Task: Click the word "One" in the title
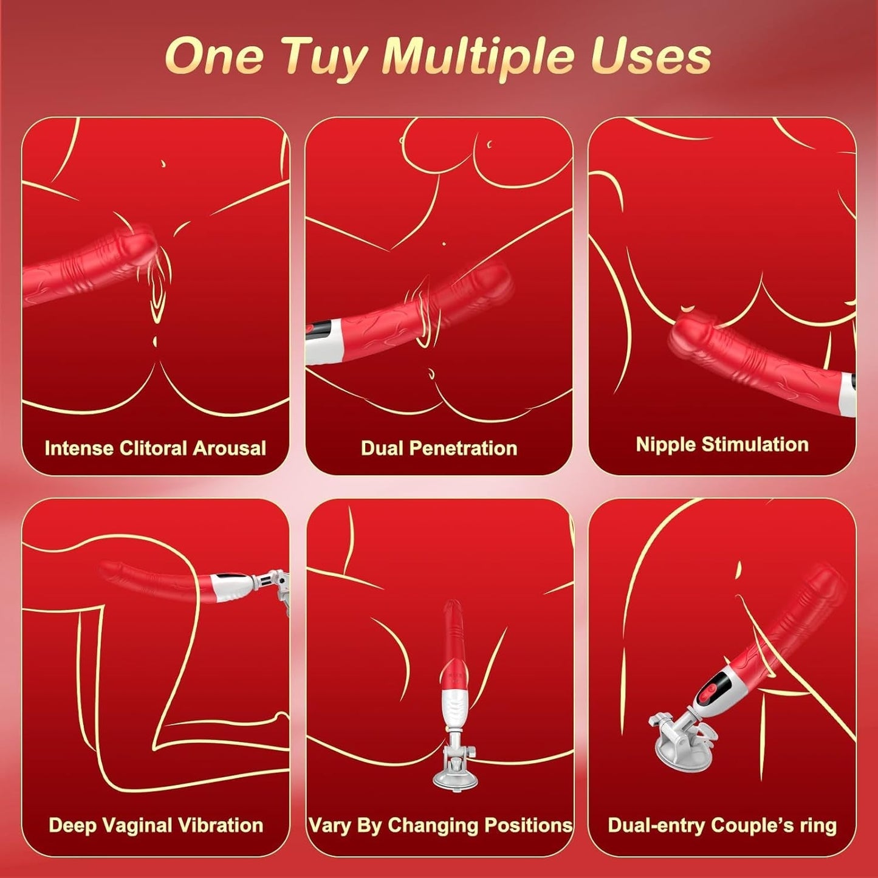pyautogui.click(x=214, y=57)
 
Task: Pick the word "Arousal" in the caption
pyautogui.click(x=229, y=448)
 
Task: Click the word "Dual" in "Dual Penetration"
pyautogui.click(x=382, y=448)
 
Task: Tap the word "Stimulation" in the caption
pyautogui.click(x=755, y=444)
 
